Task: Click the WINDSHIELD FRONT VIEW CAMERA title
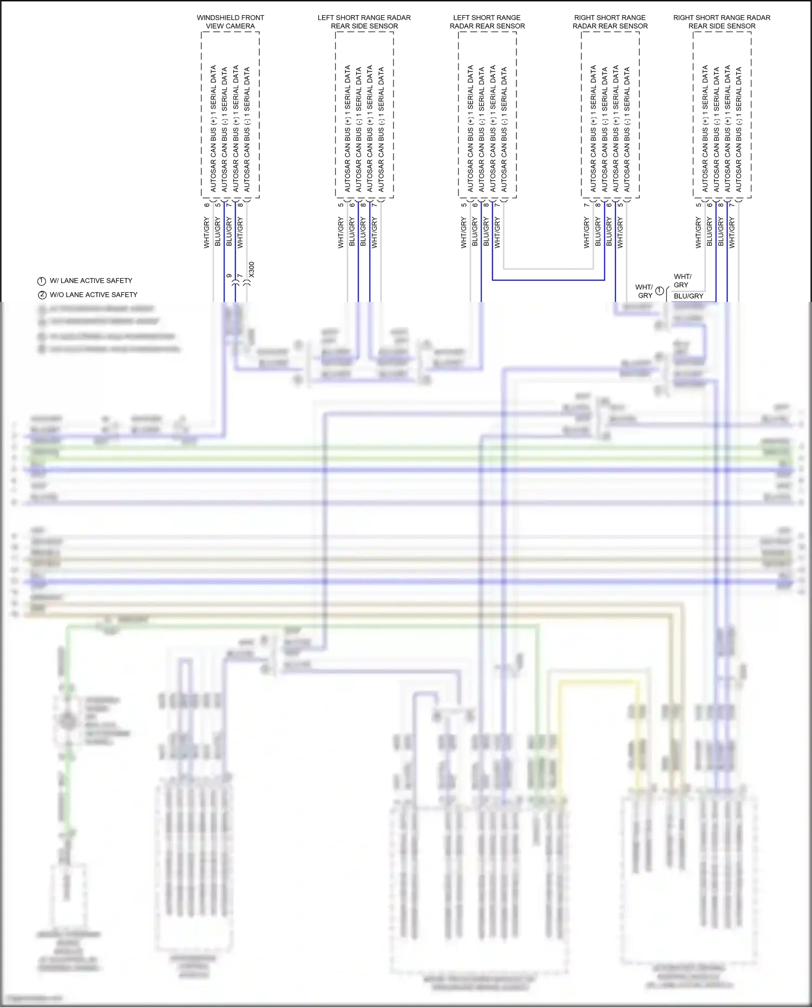[x=230, y=22]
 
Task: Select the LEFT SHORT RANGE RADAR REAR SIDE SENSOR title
[x=364, y=22]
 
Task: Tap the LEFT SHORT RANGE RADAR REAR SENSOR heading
[x=487, y=22]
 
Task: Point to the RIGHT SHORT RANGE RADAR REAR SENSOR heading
[x=610, y=22]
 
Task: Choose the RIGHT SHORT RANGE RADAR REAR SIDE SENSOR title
[x=722, y=22]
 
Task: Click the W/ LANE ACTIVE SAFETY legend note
[x=91, y=281]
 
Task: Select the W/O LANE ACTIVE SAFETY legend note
[x=94, y=295]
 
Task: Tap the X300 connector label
[x=252, y=270]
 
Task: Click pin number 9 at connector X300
[x=229, y=276]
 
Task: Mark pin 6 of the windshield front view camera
[x=207, y=205]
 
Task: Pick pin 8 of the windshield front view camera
[x=240, y=205]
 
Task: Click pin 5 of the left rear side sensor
[x=340, y=205]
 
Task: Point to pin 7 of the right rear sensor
[x=586, y=205]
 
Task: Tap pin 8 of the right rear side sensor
[x=721, y=205]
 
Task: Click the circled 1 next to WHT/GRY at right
[x=659, y=291]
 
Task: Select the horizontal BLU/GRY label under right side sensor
[x=689, y=296]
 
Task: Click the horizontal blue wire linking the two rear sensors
[x=548, y=280]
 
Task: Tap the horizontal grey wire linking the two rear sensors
[x=548, y=268]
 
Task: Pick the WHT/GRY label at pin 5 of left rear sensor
[x=463, y=233]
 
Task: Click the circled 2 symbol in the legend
[x=42, y=295]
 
